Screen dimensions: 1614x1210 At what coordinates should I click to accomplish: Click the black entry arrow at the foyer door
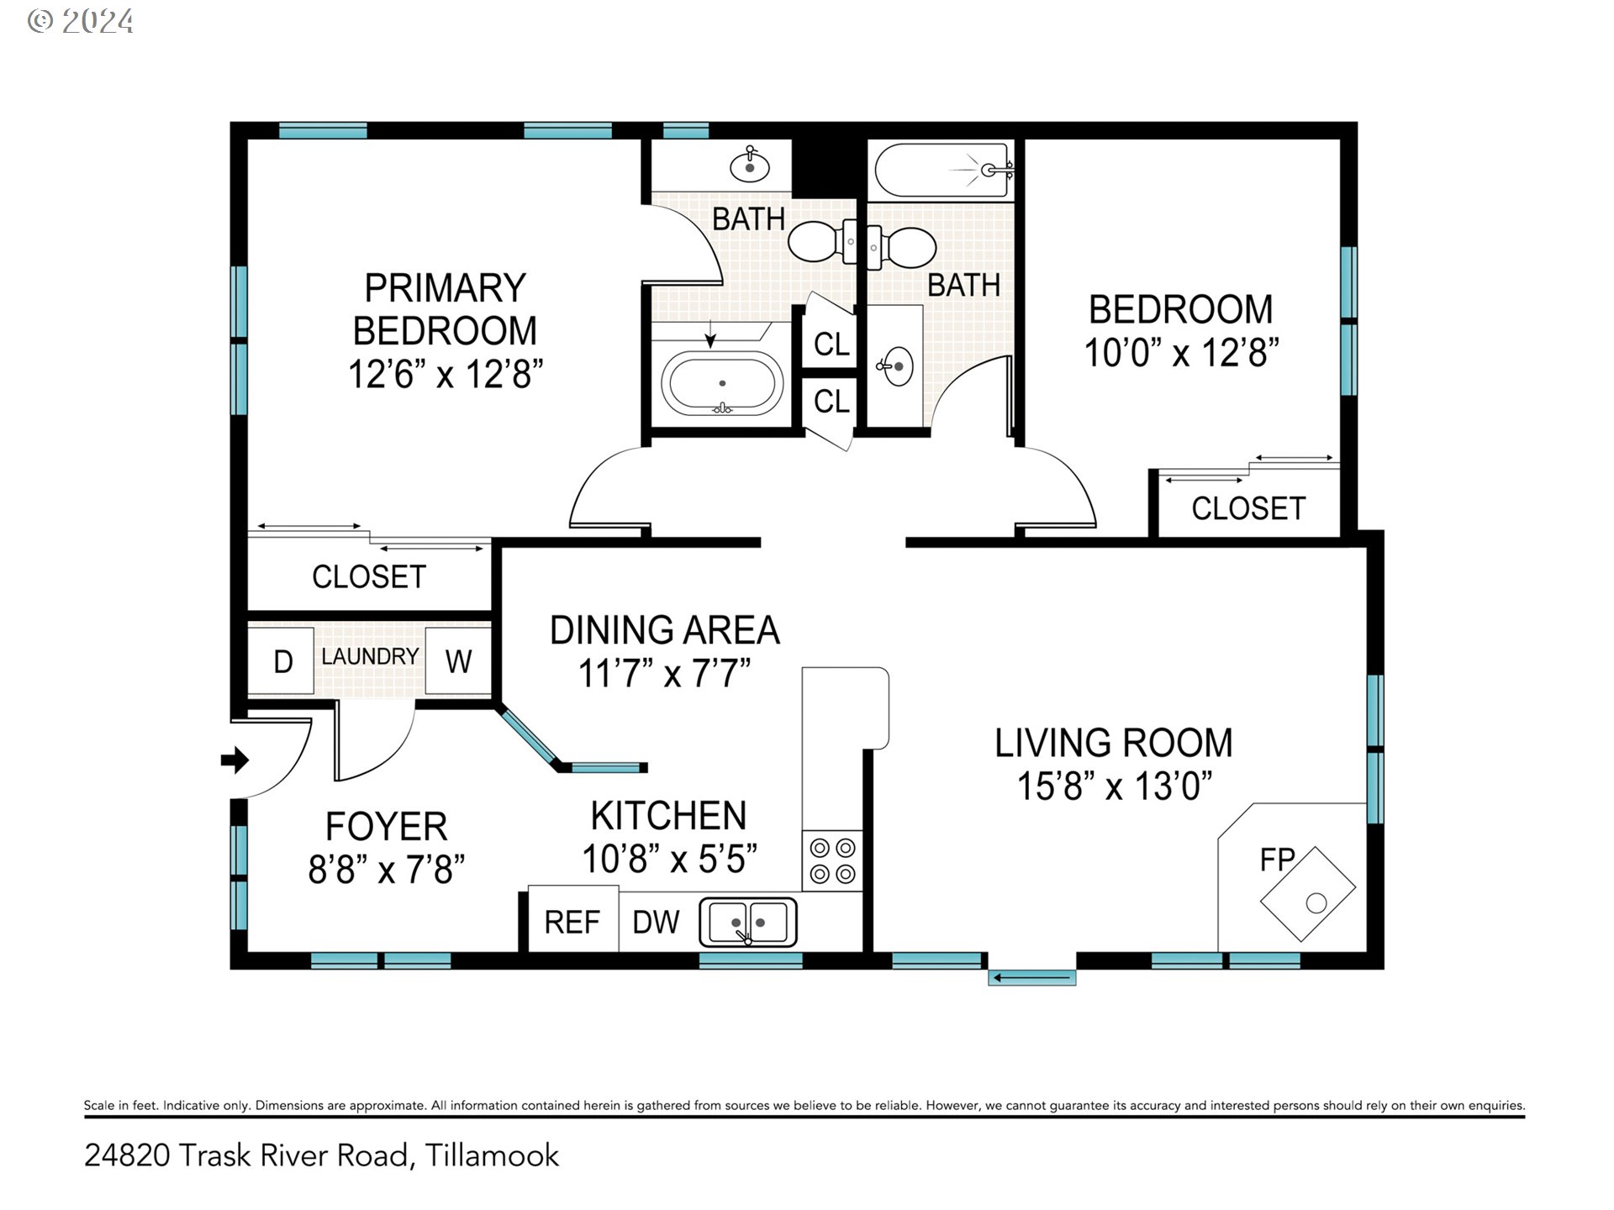tap(235, 760)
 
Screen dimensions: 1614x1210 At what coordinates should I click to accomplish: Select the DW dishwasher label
tap(656, 923)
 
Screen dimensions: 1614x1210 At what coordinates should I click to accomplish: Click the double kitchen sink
tap(748, 922)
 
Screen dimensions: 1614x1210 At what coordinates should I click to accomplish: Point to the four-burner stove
tap(832, 861)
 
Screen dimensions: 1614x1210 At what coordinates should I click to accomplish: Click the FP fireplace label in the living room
tap(1277, 860)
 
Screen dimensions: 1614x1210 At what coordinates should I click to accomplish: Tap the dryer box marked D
tap(282, 661)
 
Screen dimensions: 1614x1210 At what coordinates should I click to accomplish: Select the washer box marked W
tap(458, 661)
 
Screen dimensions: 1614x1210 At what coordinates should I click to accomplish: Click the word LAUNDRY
tap(370, 656)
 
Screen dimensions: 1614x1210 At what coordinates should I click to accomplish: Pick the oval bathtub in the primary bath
tap(723, 383)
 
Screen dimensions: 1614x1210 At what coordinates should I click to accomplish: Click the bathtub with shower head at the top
tap(941, 170)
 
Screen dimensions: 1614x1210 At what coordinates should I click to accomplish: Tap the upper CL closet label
tap(832, 345)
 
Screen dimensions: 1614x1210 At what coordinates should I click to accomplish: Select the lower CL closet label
tap(832, 402)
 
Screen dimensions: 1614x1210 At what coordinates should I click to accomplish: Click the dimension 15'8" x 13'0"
tap(1115, 786)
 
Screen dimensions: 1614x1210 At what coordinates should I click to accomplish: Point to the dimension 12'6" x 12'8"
tap(446, 374)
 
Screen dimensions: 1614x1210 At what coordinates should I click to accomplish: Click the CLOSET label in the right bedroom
tap(1248, 508)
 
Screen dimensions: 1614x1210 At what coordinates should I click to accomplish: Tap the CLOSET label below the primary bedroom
tap(369, 576)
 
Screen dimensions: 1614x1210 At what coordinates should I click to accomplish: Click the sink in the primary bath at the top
tap(750, 165)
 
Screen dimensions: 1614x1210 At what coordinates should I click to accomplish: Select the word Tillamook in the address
tap(492, 1155)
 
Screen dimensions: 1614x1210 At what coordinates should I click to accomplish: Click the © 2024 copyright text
tap(81, 21)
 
